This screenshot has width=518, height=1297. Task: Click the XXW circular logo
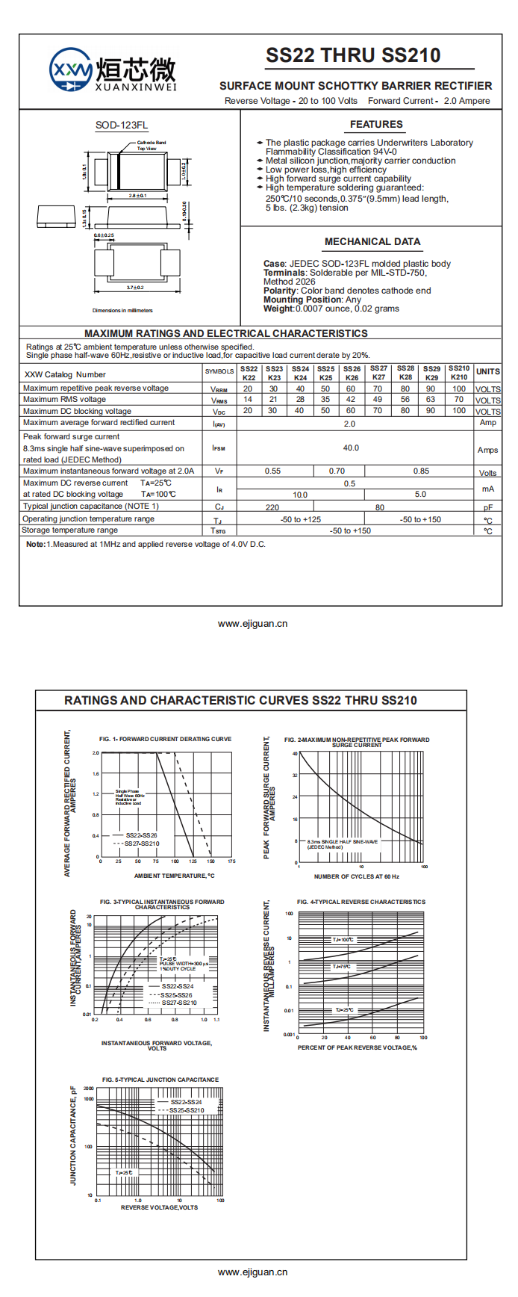coord(71,71)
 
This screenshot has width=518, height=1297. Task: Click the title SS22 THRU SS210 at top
coord(353,55)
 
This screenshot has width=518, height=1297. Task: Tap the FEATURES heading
coord(376,125)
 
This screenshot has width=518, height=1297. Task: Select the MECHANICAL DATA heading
coord(372,242)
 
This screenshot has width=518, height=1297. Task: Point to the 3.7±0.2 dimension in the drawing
coord(135,288)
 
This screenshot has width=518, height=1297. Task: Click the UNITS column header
coord(488,371)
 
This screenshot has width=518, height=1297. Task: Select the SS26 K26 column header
coord(352,373)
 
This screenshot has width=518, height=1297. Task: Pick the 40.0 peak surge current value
coord(351,448)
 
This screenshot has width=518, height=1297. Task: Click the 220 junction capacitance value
coord(272,507)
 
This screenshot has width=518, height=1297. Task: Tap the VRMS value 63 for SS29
coord(431,400)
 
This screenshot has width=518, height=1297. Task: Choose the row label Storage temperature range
coord(69,530)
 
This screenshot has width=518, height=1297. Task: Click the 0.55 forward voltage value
coord(273,471)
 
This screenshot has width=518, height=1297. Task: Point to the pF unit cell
coord(488,507)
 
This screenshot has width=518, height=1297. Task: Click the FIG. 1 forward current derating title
coord(166,739)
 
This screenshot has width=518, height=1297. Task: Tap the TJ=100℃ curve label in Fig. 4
coord(343,940)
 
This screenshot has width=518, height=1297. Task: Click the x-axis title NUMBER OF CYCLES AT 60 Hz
coord(357,876)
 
